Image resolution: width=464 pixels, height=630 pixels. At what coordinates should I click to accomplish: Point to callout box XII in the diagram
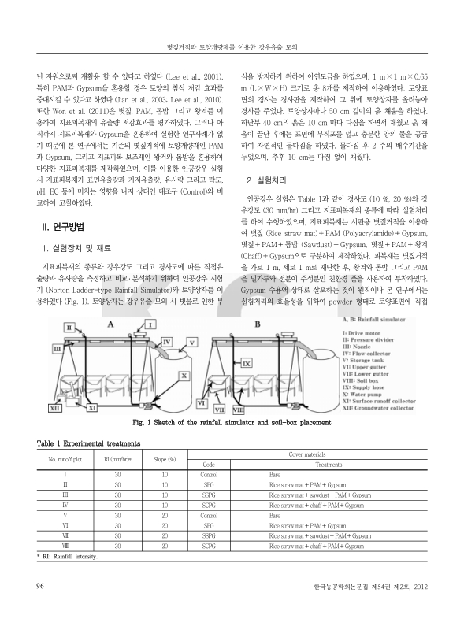(x=55, y=409)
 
